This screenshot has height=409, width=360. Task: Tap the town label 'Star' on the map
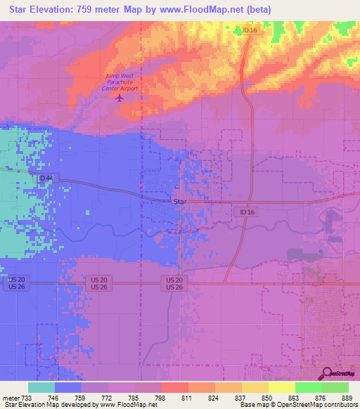click(179, 202)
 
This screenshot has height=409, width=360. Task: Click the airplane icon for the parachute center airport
click(119, 98)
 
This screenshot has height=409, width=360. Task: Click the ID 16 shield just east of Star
click(245, 212)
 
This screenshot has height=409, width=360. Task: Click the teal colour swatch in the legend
click(41, 387)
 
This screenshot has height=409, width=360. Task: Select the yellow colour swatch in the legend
click(281, 387)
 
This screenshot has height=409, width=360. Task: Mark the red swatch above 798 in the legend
click(175, 387)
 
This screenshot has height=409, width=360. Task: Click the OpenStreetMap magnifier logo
click(327, 372)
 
